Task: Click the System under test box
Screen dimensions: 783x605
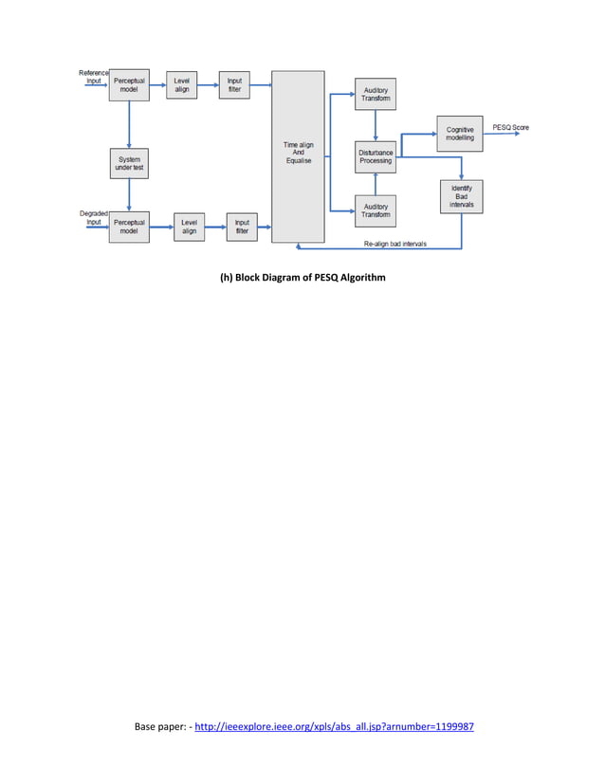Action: tap(129, 163)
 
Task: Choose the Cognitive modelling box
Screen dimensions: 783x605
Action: tap(460, 133)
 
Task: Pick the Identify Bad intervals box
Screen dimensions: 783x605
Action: tap(462, 196)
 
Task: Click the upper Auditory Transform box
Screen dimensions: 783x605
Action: tap(376, 94)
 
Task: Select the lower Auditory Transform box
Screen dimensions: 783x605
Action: tap(376, 210)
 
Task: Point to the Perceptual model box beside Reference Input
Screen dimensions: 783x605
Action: tap(129, 85)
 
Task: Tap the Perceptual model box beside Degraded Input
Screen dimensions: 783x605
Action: tap(129, 227)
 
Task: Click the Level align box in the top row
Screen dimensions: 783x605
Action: tap(181, 85)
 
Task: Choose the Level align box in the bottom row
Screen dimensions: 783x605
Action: tap(189, 227)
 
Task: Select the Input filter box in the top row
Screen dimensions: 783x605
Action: tap(233, 85)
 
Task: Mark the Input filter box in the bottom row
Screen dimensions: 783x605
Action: tap(242, 227)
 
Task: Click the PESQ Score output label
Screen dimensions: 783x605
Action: tap(511, 127)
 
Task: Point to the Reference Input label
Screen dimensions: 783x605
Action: tap(93, 77)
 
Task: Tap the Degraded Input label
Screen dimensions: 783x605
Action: tap(93, 218)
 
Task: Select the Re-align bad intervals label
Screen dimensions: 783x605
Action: tap(394, 244)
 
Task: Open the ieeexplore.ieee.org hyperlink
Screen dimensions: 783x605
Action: tap(334, 727)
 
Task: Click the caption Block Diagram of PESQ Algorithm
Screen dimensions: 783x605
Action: tap(302, 278)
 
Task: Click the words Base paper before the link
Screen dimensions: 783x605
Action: tap(160, 727)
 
